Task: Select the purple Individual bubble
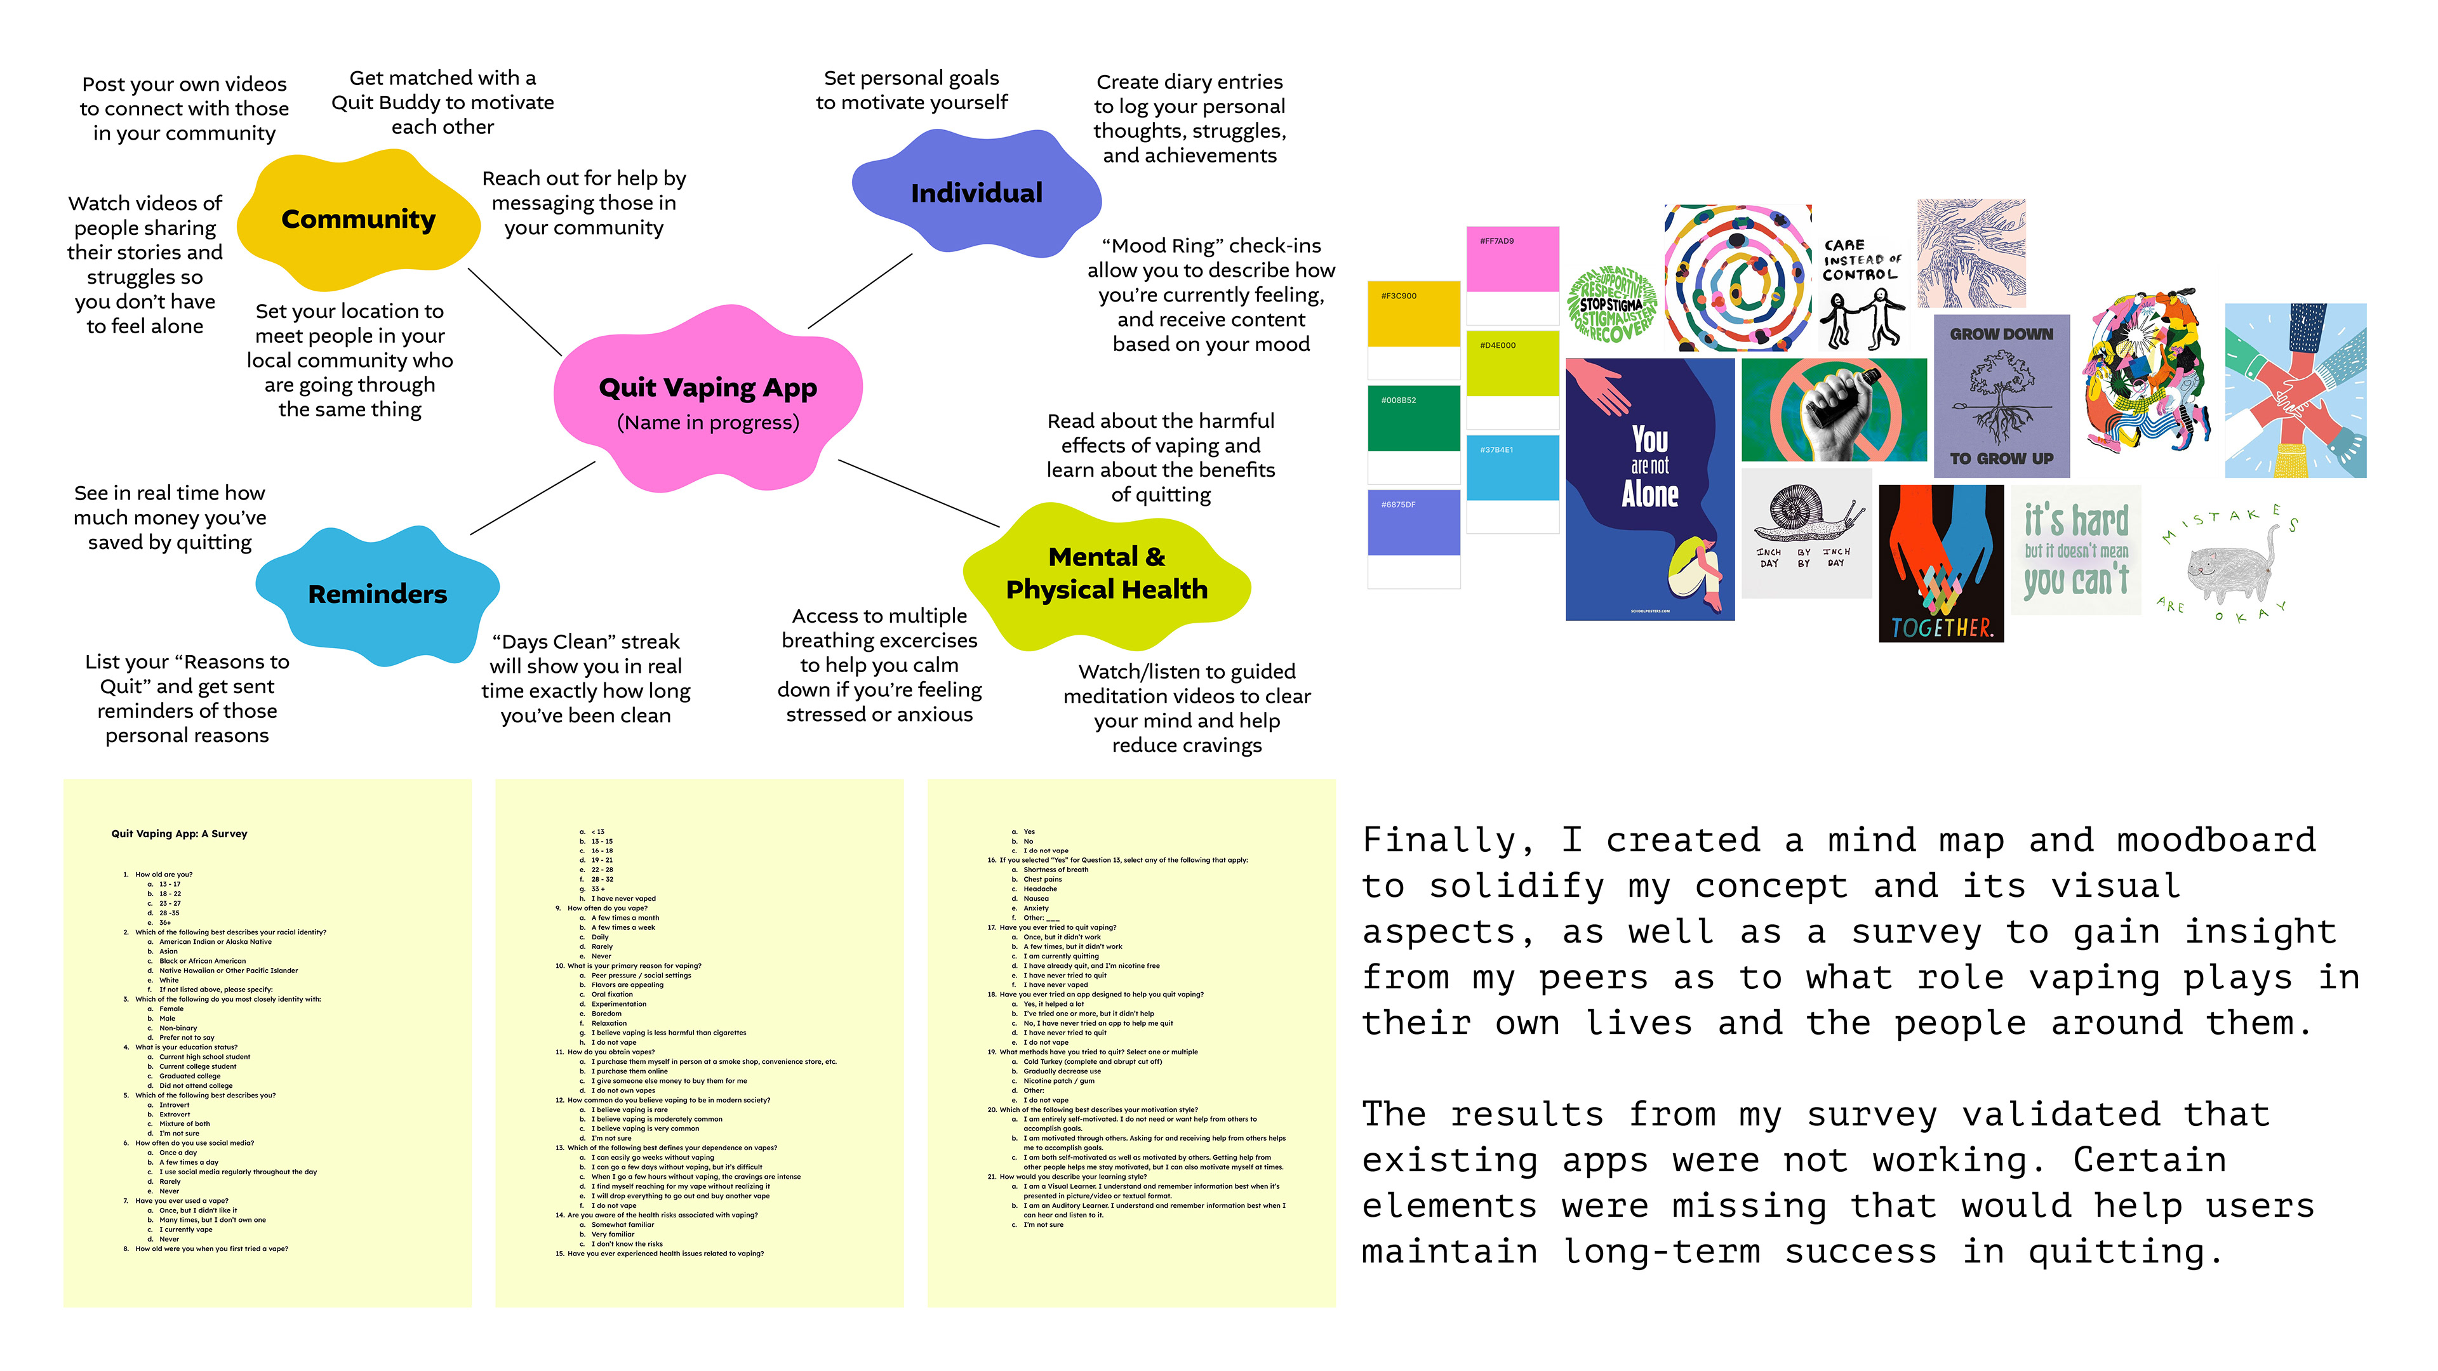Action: [x=976, y=193]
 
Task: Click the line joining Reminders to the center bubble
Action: [x=532, y=498]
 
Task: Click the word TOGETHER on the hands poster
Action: [x=1940, y=626]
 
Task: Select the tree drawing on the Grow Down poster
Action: [x=2000, y=395]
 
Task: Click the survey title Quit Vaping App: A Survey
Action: [x=179, y=833]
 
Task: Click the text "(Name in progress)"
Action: [x=707, y=422]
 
